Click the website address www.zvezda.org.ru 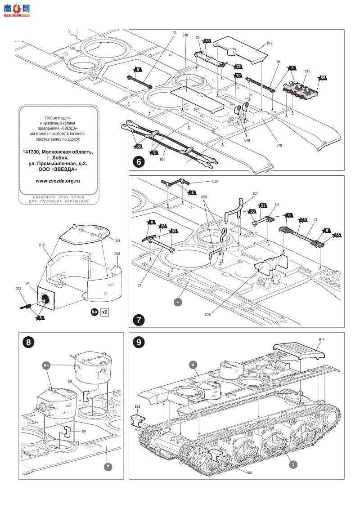click(58, 181)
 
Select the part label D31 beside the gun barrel click(18, 288)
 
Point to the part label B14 click(322, 339)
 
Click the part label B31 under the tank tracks click(250, 473)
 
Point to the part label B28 click(138, 406)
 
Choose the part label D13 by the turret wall click(117, 254)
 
